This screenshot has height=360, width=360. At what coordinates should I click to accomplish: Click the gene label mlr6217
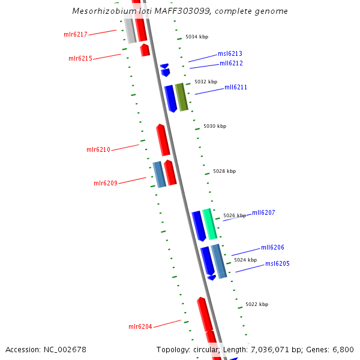click(76, 34)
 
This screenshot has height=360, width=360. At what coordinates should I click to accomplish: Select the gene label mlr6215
click(80, 58)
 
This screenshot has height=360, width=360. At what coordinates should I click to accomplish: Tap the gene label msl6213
click(230, 53)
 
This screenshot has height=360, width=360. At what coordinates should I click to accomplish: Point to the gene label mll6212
click(231, 63)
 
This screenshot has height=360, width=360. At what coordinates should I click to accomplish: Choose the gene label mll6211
click(236, 87)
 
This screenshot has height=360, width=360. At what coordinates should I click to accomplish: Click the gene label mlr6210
click(98, 149)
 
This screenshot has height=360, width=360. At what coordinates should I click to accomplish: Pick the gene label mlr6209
click(106, 183)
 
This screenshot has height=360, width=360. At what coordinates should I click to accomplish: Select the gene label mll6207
click(263, 212)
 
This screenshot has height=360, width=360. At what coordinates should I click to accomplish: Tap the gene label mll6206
click(272, 247)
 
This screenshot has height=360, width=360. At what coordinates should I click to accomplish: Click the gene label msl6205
click(277, 263)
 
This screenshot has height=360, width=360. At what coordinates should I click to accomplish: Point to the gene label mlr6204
click(140, 326)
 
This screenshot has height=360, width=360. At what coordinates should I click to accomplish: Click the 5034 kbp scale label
click(197, 37)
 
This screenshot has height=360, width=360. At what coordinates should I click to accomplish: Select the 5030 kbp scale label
click(215, 126)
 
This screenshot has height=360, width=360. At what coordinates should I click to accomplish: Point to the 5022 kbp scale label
click(257, 304)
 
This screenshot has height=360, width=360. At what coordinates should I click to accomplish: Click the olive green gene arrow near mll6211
click(181, 97)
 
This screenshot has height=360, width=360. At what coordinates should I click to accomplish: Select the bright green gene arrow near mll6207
click(209, 224)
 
